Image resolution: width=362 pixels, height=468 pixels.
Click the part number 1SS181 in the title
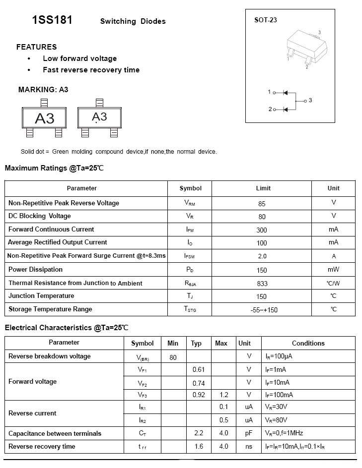pos(52,20)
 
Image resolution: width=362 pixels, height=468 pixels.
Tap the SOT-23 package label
pos(265,20)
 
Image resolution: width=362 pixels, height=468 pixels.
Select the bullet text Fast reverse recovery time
pos(91,70)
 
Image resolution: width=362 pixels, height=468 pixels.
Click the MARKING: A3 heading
pos(43,90)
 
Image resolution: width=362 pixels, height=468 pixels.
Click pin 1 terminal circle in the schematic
pos(274,92)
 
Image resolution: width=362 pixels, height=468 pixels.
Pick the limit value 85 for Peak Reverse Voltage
pos(262,203)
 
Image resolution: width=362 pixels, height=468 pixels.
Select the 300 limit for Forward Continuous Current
pos(262,230)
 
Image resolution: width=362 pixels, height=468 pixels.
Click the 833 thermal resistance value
pos(262,284)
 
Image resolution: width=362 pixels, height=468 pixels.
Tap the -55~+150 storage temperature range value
pos(264,310)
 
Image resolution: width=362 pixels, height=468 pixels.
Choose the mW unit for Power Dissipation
pos(333,270)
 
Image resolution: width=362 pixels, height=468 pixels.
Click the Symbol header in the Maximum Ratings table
pos(191,188)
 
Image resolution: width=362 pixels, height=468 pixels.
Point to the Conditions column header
pos(308,343)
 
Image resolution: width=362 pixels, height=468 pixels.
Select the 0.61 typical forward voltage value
pos(199,369)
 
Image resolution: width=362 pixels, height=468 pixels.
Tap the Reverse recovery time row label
pos(42,447)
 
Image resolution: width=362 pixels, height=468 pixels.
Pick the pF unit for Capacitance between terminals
pos(249,433)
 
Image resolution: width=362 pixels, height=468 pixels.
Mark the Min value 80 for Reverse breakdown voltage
pos(173,357)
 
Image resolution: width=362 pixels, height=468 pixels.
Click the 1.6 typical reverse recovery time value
pos(199,447)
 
